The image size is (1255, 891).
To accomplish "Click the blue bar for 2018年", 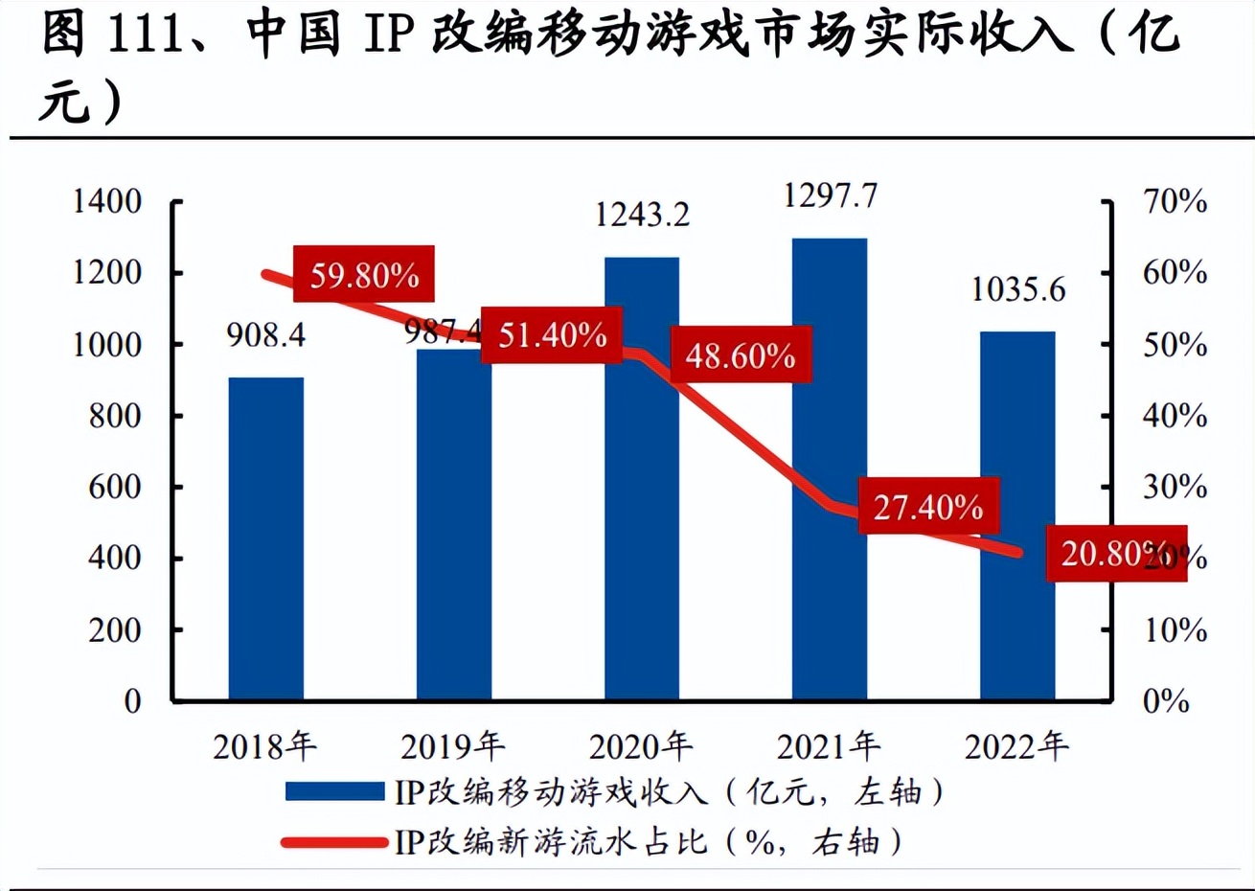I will pos(266,538).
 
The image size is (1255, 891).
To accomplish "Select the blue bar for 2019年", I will pos(454,525).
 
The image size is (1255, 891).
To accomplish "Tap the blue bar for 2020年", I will pos(642,479).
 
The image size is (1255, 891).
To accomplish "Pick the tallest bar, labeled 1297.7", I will pos(830,469).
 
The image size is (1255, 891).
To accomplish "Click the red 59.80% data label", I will pos(364,276).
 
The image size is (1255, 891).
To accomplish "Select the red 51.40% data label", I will pos(552,335).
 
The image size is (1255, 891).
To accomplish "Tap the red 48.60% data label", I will pos(740,355).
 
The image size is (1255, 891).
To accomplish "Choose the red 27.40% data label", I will pos(927,506).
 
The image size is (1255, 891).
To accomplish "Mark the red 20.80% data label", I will pos(1111,553).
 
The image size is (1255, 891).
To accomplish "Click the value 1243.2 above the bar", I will pos(642,215).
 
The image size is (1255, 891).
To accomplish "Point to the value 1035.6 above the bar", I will pos(1017,289).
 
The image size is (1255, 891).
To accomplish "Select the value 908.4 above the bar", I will pos(266,334).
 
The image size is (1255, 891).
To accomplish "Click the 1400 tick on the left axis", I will pos(107,201).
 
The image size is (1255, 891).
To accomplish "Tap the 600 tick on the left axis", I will pos(115,487).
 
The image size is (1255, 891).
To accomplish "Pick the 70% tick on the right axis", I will pos(1175,201).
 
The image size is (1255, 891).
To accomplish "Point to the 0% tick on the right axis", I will pos(1166,701).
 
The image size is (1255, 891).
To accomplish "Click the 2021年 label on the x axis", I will pos(829,746).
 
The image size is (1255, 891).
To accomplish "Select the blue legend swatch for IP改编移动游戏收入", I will pos(334,791).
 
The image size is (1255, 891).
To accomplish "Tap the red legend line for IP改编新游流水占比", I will pos(334,842).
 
